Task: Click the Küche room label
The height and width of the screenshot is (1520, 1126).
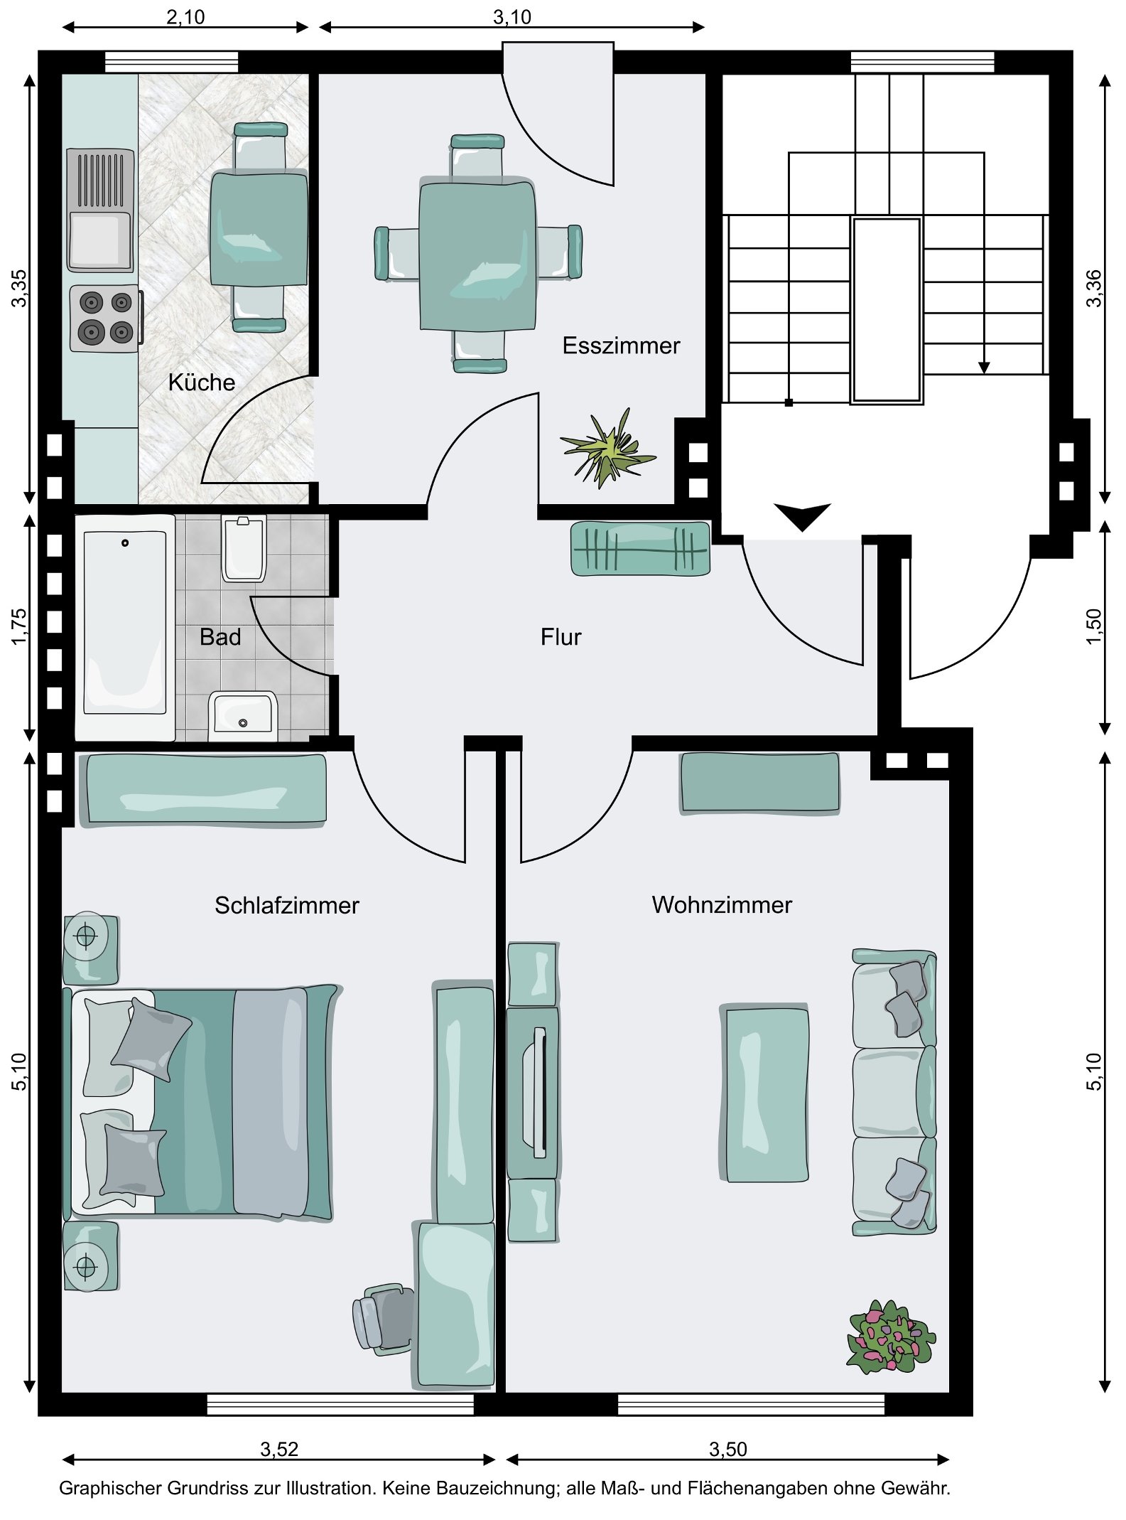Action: [x=202, y=382]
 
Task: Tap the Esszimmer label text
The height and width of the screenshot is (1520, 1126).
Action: [x=621, y=346]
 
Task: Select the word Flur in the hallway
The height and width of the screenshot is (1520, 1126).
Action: [x=561, y=636]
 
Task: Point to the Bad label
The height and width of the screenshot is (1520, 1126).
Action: [x=220, y=636]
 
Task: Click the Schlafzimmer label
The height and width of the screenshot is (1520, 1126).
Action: [x=287, y=905]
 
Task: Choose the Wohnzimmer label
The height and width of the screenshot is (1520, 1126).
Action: [x=722, y=904]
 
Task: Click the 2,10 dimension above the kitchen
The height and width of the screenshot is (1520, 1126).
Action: [x=185, y=16]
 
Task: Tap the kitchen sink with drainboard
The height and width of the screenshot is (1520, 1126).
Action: [x=100, y=210]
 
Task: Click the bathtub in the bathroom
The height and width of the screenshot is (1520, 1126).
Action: [x=125, y=627]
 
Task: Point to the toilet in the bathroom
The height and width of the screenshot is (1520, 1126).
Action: [x=244, y=549]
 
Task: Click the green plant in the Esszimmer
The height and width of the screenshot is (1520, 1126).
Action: [x=608, y=448]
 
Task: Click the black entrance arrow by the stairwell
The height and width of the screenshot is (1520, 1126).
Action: [x=802, y=517]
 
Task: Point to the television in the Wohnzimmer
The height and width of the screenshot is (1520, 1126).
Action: [x=533, y=1092]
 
